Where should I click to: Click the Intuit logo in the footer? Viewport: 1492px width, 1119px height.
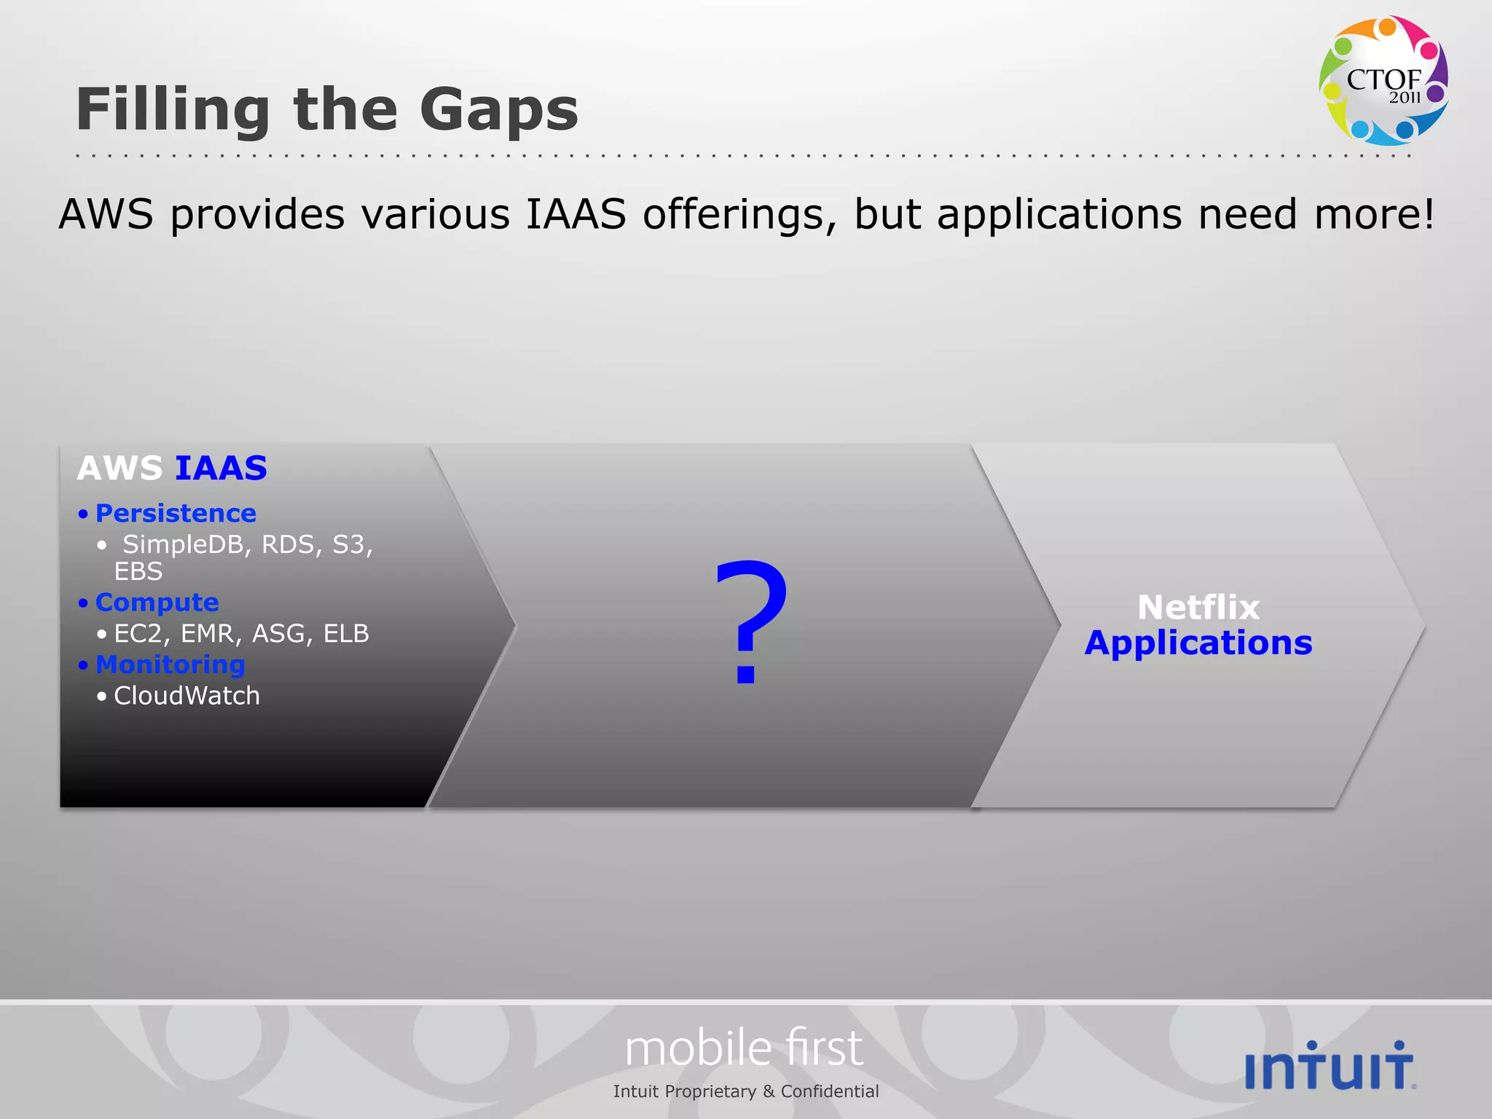(1330, 1067)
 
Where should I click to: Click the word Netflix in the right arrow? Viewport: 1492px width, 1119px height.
(1198, 607)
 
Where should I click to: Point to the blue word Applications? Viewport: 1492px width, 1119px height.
(1198, 643)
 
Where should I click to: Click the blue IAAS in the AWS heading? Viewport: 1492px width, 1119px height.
(221, 468)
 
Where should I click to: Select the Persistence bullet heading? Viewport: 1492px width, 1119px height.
(176, 514)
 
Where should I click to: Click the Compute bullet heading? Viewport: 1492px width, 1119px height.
(157, 602)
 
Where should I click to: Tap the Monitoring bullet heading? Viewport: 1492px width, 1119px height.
(170, 664)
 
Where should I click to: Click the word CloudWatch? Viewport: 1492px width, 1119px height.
(186, 696)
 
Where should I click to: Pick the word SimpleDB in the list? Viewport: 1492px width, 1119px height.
(182, 544)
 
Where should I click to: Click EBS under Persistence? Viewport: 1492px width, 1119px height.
(138, 572)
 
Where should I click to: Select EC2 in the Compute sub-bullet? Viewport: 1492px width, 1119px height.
(137, 634)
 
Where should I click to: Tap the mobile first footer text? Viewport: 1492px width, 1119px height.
(744, 1049)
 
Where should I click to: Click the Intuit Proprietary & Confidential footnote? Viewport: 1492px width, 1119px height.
(745, 1091)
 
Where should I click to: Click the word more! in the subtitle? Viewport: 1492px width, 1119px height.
(1374, 215)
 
